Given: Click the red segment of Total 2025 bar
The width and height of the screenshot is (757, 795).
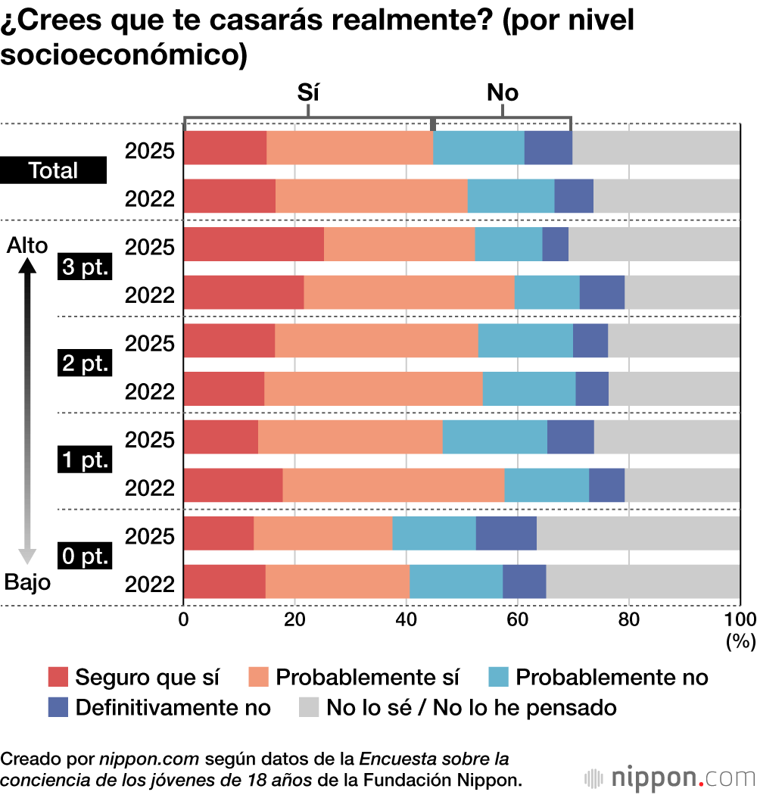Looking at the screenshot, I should tap(225, 148).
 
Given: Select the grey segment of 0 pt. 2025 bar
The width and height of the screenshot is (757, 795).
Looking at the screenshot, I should tap(638, 533).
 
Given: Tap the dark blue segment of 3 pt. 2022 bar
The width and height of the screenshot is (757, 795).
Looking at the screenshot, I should tap(602, 292).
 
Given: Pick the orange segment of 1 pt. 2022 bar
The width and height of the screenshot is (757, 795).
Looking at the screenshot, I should tap(393, 485).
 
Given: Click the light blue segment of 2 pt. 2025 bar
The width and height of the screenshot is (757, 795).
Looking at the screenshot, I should tap(525, 341).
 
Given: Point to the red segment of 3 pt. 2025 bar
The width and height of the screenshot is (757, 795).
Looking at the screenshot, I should tap(254, 244).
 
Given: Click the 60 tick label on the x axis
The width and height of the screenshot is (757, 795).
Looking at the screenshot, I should tap(517, 619).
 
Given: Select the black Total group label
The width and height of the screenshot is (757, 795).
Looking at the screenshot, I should tap(53, 170).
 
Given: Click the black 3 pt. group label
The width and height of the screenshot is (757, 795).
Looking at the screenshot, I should tap(85, 268).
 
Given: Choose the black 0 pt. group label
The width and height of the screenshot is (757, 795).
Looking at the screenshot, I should tap(85, 557).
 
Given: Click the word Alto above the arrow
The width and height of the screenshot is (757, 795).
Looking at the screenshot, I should tap(26, 245).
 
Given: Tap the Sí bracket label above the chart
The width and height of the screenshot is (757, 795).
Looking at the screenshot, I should tap(307, 92).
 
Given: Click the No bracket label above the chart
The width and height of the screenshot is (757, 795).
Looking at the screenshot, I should tap(502, 92).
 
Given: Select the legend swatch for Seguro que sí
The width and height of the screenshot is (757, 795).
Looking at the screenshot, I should tap(58, 676).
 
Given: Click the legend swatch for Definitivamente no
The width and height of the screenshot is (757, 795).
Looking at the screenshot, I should tap(58, 708).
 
